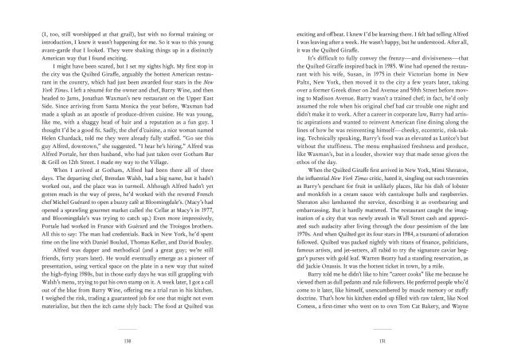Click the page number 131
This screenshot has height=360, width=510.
click(x=363, y=340)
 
